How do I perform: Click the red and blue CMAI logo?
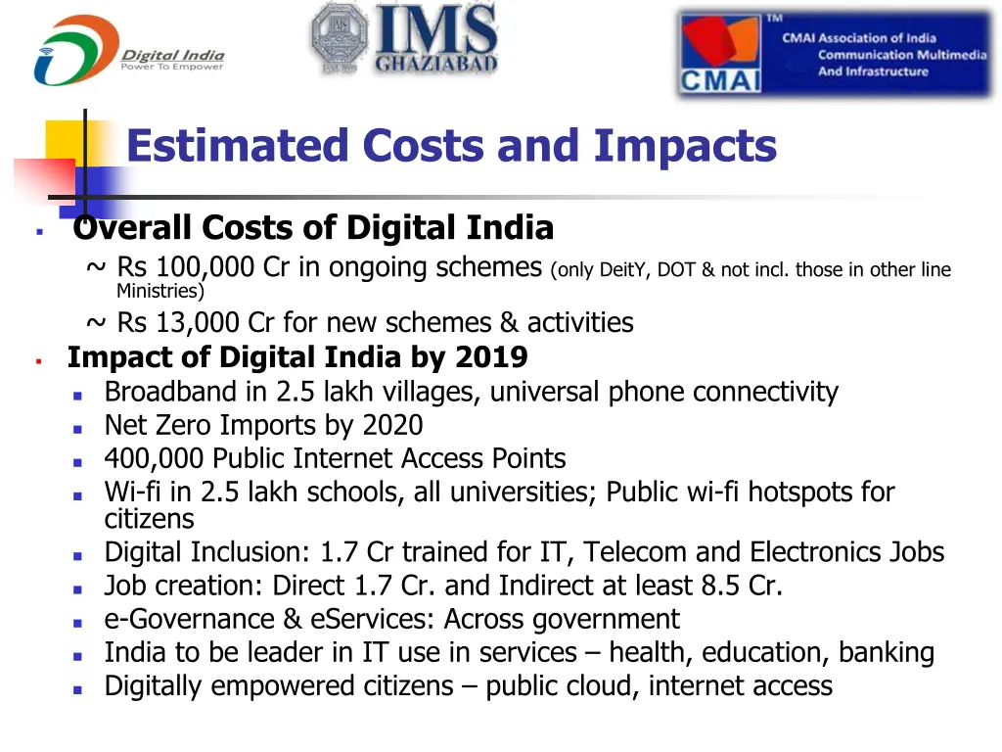click(721, 54)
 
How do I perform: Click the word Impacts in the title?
click(685, 147)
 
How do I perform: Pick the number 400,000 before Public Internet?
click(155, 458)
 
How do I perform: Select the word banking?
click(885, 652)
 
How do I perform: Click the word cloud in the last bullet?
click(598, 685)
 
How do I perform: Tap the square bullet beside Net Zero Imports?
click(79, 427)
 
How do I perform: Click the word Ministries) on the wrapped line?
click(160, 291)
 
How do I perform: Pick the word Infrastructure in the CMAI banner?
click(873, 71)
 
